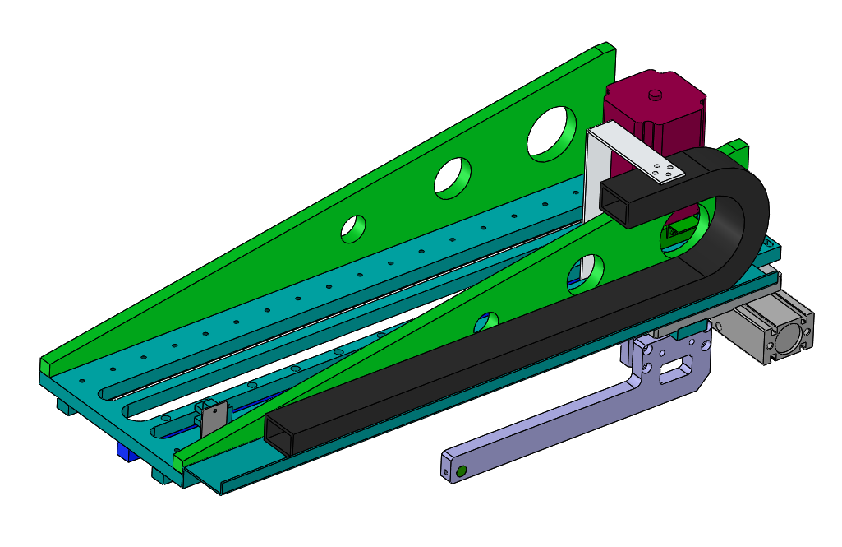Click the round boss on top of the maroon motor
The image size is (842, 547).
[655, 95]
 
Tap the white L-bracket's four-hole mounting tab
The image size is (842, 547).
[664, 172]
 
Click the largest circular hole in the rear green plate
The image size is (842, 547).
[551, 133]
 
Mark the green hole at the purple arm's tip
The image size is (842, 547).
[462, 471]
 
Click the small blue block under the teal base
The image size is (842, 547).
[126, 452]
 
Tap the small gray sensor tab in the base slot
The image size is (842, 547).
[212, 416]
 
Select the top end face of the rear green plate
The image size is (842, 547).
[609, 51]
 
